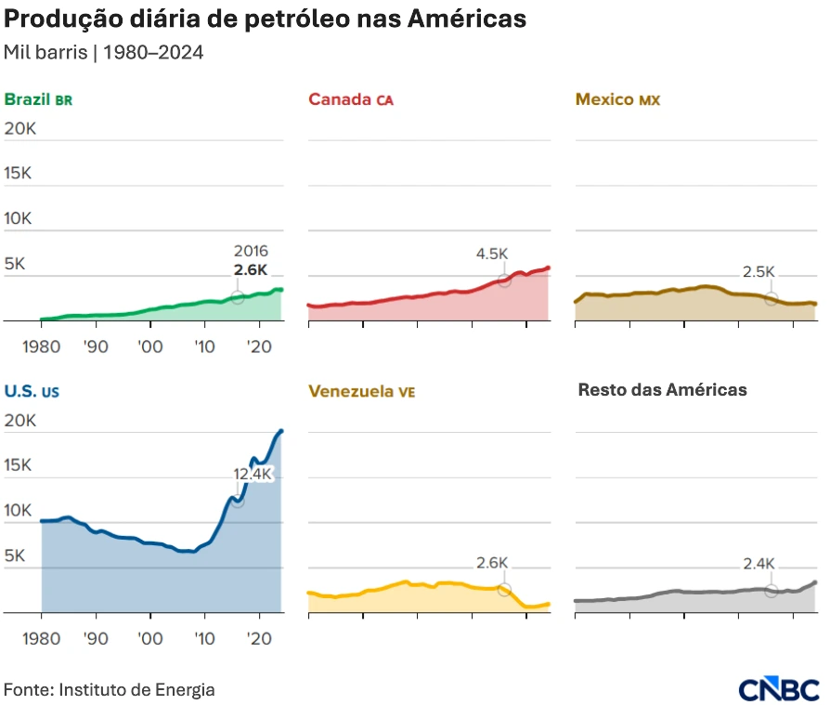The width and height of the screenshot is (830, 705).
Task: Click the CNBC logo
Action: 779,689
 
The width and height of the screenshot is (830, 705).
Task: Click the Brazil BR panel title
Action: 38,99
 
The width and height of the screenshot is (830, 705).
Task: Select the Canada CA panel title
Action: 350,99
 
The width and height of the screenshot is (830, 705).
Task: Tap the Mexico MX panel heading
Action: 617,99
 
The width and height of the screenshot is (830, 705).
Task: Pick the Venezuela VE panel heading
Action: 361,391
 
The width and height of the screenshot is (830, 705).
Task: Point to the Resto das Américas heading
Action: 662,390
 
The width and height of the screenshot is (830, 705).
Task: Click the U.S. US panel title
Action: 32,391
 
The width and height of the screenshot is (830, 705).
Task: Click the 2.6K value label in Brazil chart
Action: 251,270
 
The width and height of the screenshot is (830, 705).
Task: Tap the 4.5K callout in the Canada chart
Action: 492,254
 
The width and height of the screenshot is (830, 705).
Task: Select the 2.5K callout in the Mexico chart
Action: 759,272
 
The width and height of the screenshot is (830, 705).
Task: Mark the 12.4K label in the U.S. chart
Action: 253,474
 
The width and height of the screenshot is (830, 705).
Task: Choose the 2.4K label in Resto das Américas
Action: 759,563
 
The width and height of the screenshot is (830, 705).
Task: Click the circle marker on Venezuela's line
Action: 504,590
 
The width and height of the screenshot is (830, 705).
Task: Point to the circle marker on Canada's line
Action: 504,280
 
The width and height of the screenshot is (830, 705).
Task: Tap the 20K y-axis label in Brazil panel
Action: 19,129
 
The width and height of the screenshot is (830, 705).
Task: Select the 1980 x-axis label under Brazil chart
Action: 40,346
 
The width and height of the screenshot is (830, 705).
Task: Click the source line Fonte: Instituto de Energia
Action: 110,690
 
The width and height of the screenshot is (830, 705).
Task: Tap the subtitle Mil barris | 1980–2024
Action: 104,52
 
